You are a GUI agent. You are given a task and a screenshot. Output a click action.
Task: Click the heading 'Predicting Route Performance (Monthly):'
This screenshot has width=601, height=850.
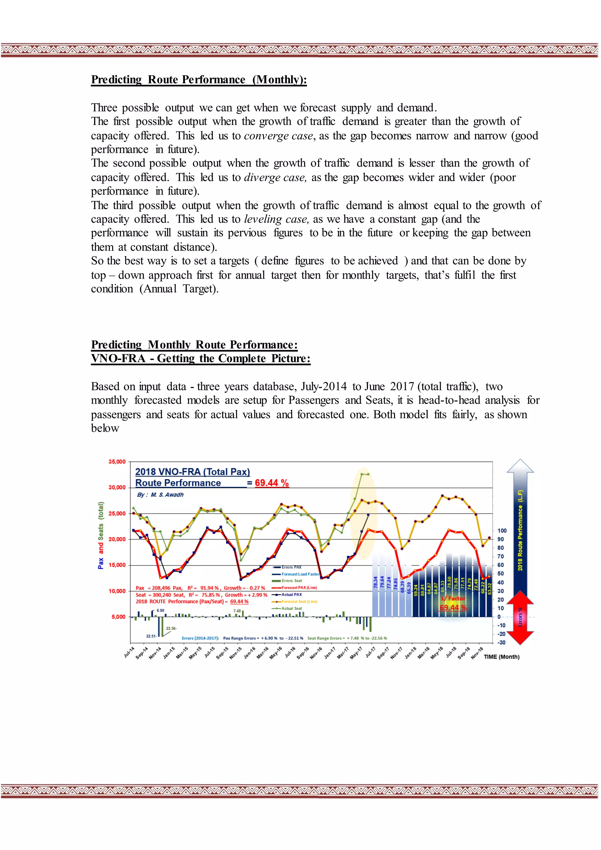tap(199, 80)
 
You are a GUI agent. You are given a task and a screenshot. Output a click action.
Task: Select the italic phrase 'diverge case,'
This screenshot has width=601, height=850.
tap(275, 178)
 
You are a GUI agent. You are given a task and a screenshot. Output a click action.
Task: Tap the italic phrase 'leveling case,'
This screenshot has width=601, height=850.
tap(276, 219)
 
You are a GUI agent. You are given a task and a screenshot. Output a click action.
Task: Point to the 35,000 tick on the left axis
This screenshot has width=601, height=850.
tap(117, 462)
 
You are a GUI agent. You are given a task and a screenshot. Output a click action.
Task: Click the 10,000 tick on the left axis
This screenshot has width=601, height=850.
tap(117, 591)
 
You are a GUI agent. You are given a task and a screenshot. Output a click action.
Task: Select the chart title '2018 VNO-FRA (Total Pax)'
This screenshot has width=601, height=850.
tap(193, 472)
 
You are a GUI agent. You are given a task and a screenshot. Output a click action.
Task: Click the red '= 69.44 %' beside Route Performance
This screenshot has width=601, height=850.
tap(268, 483)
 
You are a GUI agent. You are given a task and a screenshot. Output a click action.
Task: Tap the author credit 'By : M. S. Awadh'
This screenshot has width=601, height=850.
tap(160, 495)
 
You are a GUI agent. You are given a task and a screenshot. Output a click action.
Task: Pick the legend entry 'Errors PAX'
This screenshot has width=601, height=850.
tap(291, 567)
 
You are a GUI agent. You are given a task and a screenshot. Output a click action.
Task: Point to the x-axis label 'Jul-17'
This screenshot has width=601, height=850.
tap(370, 652)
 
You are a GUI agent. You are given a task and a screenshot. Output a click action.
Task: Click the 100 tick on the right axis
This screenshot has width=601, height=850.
tap(502, 530)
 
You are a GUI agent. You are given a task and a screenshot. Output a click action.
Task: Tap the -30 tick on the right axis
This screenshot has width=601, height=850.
tap(501, 642)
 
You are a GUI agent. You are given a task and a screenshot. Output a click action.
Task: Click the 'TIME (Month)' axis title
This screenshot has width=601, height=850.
tap(502, 657)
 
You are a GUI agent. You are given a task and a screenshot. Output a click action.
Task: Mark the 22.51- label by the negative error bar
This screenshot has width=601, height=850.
tap(151, 636)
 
